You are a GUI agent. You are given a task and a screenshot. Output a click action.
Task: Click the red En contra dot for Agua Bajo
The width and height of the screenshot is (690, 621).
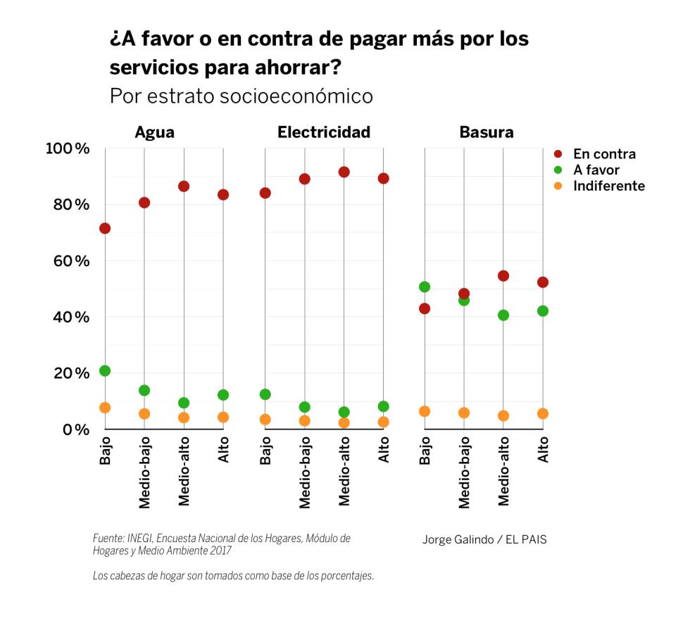[x=105, y=228]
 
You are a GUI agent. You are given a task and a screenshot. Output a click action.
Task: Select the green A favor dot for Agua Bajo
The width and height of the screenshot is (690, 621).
[x=105, y=371]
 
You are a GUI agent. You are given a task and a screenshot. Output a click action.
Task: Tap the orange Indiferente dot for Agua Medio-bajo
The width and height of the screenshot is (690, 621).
[x=144, y=414]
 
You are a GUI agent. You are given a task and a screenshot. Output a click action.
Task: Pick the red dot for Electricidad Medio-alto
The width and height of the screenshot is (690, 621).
[x=344, y=172]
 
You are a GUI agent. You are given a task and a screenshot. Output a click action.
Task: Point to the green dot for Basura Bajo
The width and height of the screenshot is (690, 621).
[x=425, y=287]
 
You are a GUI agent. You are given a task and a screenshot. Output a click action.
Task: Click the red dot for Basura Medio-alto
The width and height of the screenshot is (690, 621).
[x=503, y=275]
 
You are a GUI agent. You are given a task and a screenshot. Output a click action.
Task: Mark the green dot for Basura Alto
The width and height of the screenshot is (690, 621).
[x=543, y=310]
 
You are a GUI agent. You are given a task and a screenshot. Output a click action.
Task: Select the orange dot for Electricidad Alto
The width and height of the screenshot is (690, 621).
[x=384, y=422]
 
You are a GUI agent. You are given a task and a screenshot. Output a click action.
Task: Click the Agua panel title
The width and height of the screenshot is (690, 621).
[x=155, y=132]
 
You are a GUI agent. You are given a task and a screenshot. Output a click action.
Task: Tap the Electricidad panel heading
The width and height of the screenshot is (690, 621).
[x=324, y=132]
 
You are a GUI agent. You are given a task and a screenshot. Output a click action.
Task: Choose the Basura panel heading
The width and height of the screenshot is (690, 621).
[x=487, y=132]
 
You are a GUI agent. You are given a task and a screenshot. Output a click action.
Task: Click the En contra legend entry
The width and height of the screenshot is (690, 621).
[x=604, y=154]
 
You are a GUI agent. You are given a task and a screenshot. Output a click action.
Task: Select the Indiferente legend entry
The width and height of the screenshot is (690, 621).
[x=608, y=186]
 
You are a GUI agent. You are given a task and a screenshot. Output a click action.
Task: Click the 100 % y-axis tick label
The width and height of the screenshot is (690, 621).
[x=68, y=149]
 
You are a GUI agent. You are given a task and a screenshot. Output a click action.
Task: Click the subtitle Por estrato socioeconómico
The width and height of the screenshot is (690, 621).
[x=241, y=96]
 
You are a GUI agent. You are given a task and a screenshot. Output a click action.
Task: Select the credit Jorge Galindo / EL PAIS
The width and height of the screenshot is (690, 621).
[x=484, y=540]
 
